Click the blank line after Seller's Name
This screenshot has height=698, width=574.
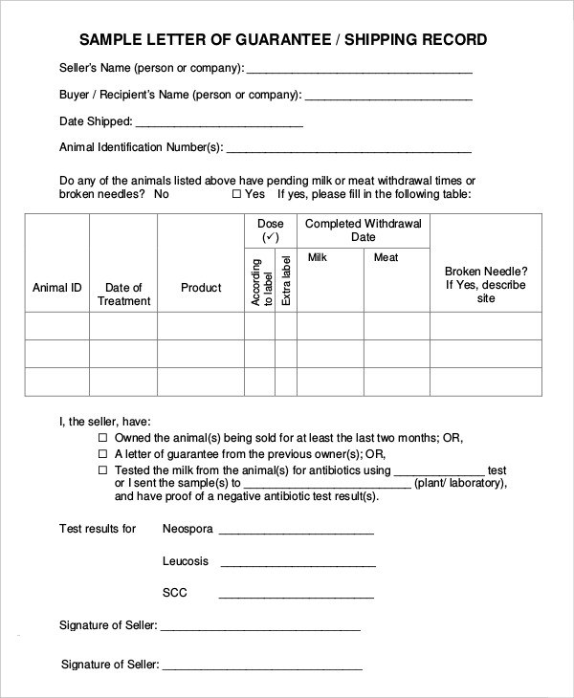pos(360,72)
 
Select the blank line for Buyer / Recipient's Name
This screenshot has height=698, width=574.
pos(388,98)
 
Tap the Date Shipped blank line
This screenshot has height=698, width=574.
pos(220,125)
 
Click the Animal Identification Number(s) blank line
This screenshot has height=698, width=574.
pos(349,151)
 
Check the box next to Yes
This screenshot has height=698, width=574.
pos(236,194)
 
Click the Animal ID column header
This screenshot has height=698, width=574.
pos(56,288)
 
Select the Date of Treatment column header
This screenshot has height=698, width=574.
pos(123,294)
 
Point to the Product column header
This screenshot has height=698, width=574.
pos(201,288)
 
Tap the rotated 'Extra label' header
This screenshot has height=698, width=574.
pos(285,280)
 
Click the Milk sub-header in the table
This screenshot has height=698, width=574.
pos(318,257)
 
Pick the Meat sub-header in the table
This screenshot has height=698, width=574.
pos(386,257)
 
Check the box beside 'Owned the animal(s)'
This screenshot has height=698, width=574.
pos(103,438)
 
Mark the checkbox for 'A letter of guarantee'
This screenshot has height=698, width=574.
pos(103,454)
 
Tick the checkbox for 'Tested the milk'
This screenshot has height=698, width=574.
pos(103,471)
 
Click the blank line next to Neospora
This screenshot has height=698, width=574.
pos(296,532)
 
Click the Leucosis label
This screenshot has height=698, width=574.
pos(186,561)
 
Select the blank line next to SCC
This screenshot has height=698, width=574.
pos(296,596)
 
